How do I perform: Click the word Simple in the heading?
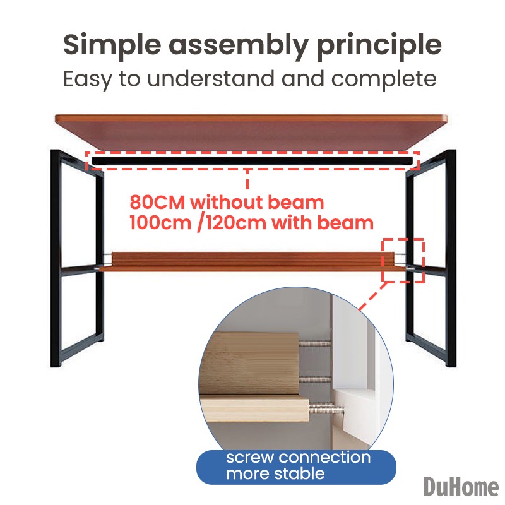coord(112,45)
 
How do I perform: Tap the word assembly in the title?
coord(239,45)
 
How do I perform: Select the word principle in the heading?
coord(379,45)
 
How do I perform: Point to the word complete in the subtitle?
coord(384,80)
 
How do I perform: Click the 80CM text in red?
coord(157,203)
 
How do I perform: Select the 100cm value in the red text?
coord(160,223)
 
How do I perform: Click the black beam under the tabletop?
coord(252,161)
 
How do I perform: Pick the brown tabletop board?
coord(251,132)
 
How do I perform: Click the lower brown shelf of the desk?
coord(248,261)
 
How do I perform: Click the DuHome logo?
coord(461,486)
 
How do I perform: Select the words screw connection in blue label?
coord(298,458)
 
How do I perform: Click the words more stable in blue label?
coord(275,474)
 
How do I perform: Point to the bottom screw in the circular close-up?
coord(326,410)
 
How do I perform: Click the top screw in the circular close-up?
coord(315,344)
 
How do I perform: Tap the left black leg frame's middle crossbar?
coord(78,270)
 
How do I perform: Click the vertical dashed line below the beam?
coord(247,179)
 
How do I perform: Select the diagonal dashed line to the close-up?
coord(372,296)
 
